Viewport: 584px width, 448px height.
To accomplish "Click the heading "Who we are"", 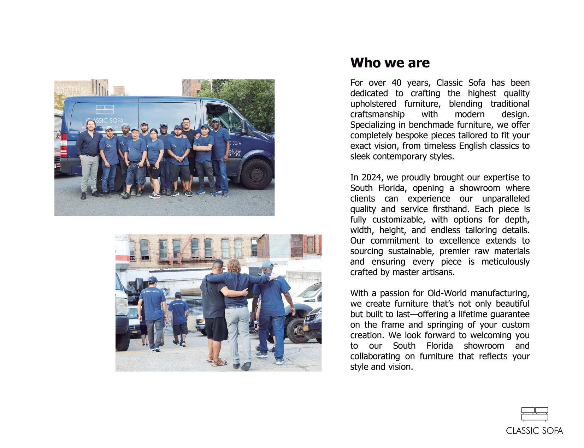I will (390, 63).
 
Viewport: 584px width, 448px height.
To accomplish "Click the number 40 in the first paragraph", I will (396, 83).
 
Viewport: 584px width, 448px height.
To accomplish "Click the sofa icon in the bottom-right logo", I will (535, 414).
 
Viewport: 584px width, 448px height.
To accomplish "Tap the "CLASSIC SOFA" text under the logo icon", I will (534, 431).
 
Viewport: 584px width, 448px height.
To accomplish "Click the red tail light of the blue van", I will (64, 146).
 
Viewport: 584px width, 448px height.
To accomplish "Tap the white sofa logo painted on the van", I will (105, 109).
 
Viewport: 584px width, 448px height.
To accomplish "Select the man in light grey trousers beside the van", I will (87, 159).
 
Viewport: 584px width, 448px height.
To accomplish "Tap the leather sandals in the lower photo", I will (217, 362).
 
